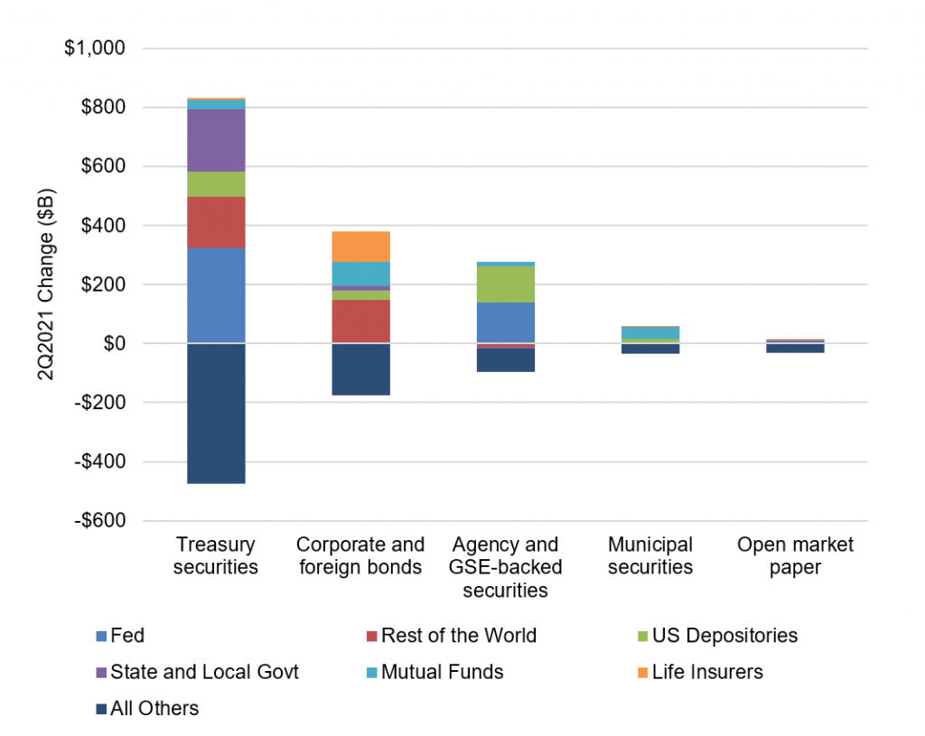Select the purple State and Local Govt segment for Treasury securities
tap(216, 140)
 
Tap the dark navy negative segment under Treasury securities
tap(216, 414)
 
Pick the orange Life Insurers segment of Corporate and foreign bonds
tap(360, 247)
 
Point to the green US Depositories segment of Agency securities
tap(505, 284)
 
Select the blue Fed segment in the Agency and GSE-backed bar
tap(505, 322)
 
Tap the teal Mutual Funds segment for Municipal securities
tap(649, 332)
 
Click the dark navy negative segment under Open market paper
tap(794, 349)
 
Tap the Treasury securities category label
tap(216, 556)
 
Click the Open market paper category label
tap(794, 556)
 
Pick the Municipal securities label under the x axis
tap(649, 556)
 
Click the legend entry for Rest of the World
tap(458, 636)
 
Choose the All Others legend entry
tap(154, 708)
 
